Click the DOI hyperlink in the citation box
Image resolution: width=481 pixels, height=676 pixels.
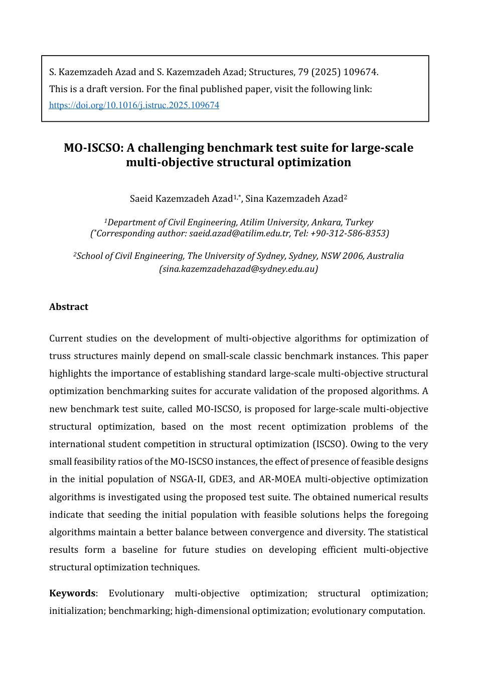pos(134,105)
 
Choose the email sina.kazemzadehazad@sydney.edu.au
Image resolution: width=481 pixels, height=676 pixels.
pos(239,269)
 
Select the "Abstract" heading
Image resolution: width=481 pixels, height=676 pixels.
pos(69,307)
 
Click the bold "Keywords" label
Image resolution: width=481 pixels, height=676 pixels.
pos(72,593)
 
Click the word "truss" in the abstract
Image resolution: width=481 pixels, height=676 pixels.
pos(59,356)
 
